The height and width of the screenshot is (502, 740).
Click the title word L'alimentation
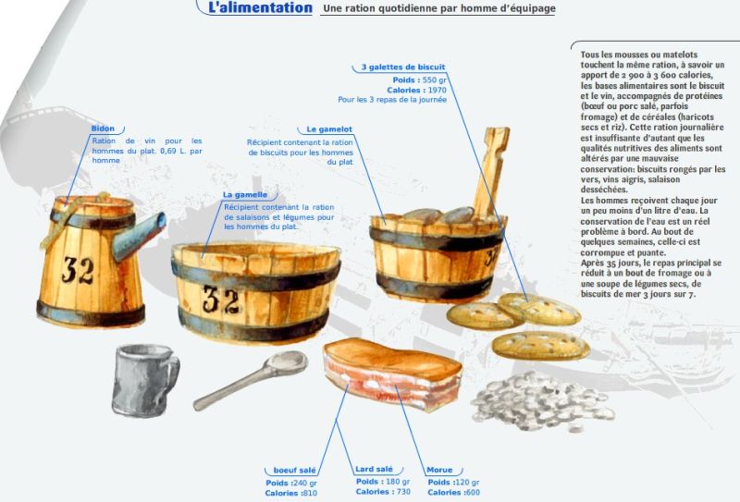pyautogui.click(x=260, y=7)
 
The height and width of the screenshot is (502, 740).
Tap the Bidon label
pyautogui.click(x=103, y=129)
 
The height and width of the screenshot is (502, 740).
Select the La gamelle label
pyautogui.click(x=245, y=195)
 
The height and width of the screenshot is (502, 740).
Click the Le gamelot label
pyautogui.click(x=329, y=129)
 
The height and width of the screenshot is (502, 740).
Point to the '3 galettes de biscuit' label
pyautogui.click(x=403, y=67)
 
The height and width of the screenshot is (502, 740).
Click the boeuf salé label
pyautogui.click(x=294, y=470)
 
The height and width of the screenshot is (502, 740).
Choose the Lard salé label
pyautogui.click(x=374, y=469)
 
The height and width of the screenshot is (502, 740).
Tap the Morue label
pyautogui.click(x=439, y=470)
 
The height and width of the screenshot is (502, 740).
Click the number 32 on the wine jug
pyautogui.click(x=78, y=270)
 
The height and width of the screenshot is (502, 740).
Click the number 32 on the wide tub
pyautogui.click(x=221, y=300)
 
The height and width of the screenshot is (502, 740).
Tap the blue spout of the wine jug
pyautogui.click(x=140, y=236)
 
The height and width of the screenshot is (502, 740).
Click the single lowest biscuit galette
pyautogui.click(x=541, y=346)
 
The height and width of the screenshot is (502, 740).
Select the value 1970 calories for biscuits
pyautogui.click(x=437, y=90)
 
